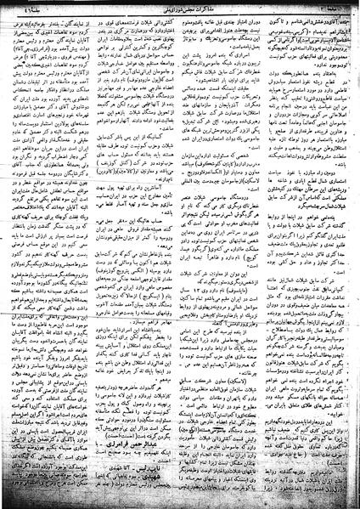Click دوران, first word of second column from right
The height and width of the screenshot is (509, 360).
click(260, 17)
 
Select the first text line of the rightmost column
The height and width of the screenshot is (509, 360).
click(313, 17)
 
